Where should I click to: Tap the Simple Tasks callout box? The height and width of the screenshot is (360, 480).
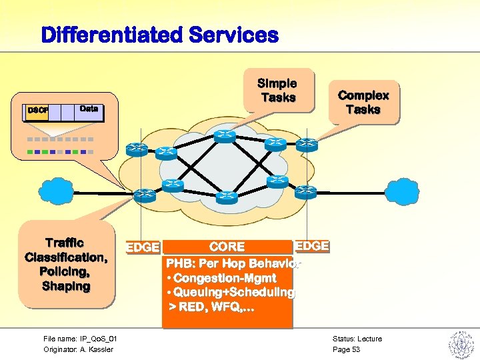click(x=278, y=90)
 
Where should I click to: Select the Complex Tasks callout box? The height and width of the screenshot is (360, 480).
click(x=363, y=102)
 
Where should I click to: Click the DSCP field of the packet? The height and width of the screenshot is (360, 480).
click(x=36, y=111)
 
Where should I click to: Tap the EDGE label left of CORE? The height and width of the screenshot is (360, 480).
click(x=143, y=247)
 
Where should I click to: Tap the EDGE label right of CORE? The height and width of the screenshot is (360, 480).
click(x=311, y=246)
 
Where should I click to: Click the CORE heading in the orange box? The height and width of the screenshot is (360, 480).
click(x=227, y=247)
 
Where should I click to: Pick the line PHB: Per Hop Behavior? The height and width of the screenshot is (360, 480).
click(x=233, y=263)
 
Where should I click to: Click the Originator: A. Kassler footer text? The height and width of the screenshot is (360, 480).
click(x=78, y=349)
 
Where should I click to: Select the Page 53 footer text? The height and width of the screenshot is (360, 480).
click(x=346, y=349)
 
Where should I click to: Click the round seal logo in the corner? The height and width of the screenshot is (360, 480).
click(x=461, y=344)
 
